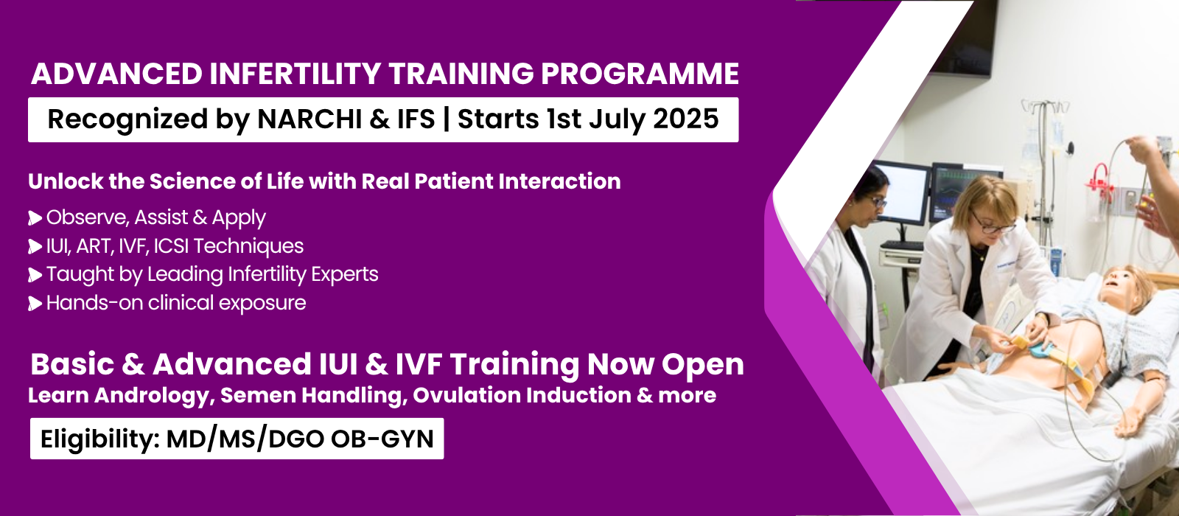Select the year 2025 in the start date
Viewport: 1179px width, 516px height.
(x=686, y=119)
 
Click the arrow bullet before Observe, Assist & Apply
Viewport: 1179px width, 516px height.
(x=35, y=218)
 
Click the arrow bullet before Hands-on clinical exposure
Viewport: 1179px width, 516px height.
(x=35, y=303)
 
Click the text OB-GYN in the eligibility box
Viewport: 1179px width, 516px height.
(x=382, y=439)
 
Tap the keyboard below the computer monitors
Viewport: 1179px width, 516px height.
(x=902, y=245)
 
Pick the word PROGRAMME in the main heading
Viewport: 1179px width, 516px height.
(x=640, y=74)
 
